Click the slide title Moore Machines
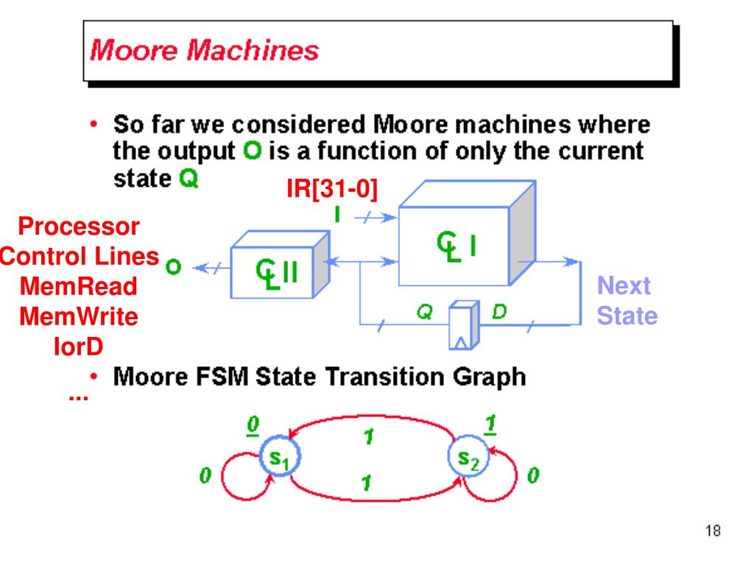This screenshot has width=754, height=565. [205, 51]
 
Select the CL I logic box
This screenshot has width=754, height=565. [454, 246]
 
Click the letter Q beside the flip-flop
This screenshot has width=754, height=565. [423, 312]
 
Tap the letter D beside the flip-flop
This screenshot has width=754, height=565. [499, 312]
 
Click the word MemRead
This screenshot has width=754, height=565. [79, 286]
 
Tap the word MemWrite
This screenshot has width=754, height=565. [79, 317]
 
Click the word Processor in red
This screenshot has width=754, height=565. [79, 226]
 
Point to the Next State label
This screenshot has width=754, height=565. [626, 301]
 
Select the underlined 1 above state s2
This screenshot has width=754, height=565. [491, 424]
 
